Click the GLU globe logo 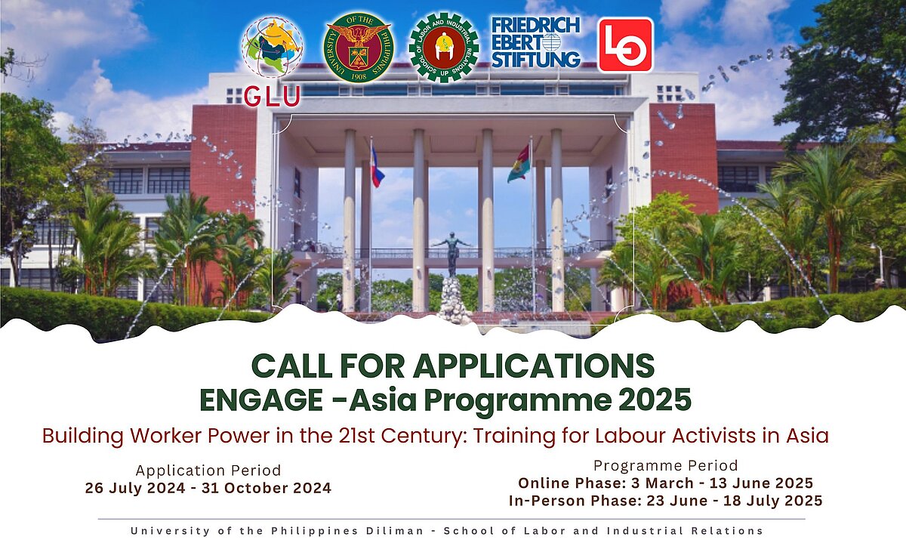(x=273, y=50)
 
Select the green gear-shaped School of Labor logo (x=443, y=48)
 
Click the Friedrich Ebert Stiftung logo (x=536, y=43)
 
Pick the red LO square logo (x=625, y=45)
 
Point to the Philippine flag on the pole (x=377, y=168)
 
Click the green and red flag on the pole (x=519, y=164)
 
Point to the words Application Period (x=208, y=471)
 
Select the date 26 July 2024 (x=133, y=489)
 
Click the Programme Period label (x=665, y=465)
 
